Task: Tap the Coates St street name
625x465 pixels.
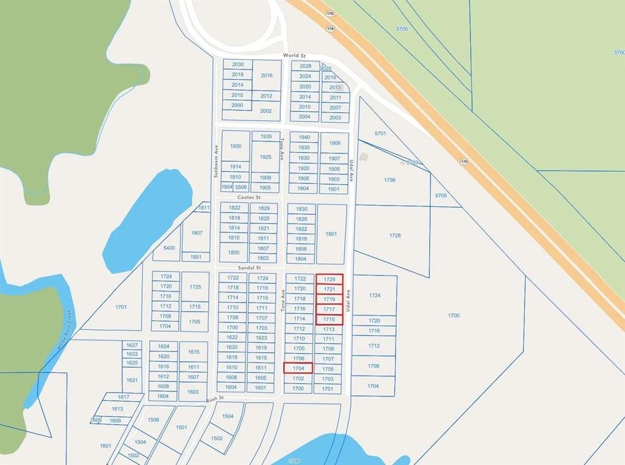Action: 249,198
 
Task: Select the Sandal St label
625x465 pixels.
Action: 249,268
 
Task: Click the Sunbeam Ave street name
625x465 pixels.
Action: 216,161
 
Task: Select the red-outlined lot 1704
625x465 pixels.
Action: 298,368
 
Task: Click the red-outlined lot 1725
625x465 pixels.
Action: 330,279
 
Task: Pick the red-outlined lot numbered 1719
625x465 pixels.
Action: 330,299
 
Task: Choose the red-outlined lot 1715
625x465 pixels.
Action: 330,320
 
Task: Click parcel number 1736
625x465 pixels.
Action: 389,180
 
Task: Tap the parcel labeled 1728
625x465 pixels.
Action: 395,235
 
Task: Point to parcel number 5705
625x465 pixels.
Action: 441,196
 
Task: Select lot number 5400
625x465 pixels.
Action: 169,248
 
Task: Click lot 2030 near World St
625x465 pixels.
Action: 237,64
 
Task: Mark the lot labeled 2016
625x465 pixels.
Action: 266,75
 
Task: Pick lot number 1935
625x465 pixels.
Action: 266,136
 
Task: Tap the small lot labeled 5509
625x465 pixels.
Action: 241,187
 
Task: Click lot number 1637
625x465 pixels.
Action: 132,345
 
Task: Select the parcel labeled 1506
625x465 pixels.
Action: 153,420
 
